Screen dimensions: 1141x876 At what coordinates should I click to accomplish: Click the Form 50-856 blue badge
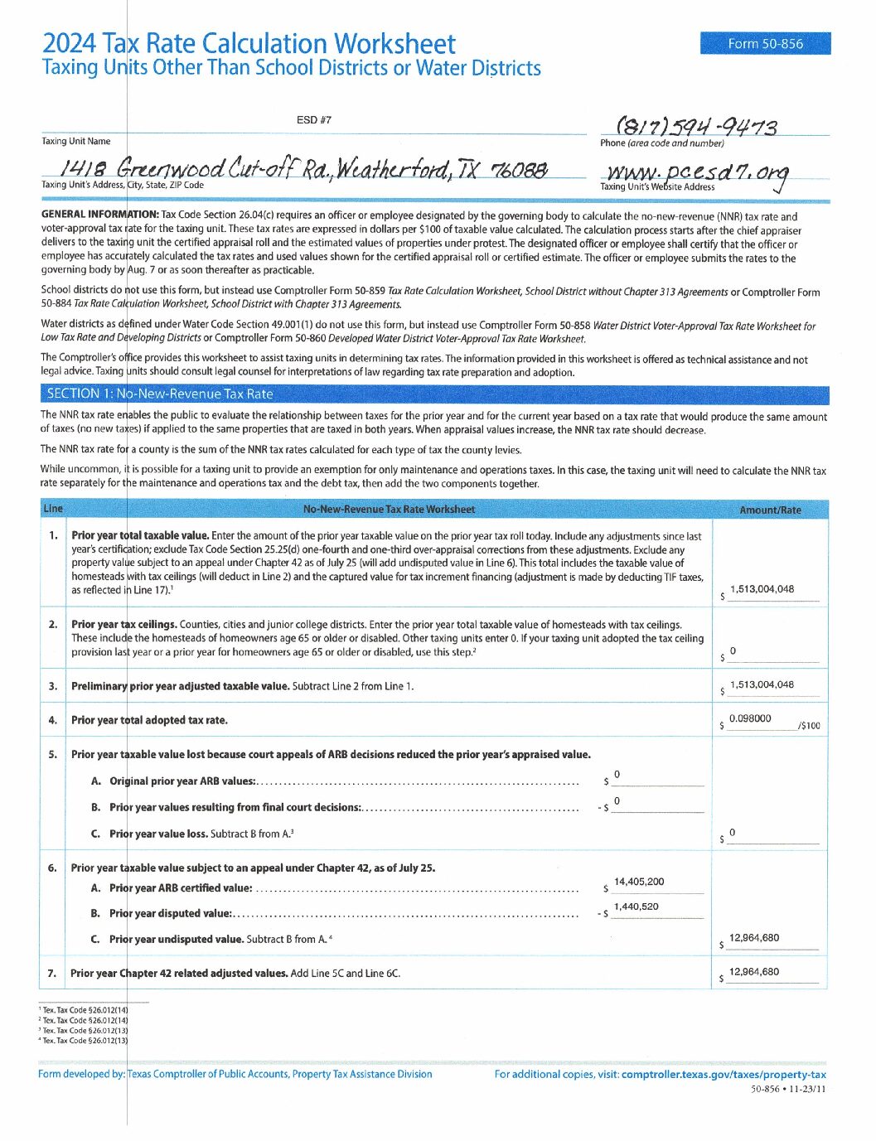765,44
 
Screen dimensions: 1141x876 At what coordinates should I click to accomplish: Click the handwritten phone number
696,127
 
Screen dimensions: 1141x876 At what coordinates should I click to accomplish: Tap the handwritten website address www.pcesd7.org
697,172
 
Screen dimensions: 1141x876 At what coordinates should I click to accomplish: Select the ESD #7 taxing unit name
313,120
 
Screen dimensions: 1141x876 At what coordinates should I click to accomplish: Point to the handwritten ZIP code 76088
520,170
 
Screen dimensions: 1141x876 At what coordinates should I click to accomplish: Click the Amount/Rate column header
770,510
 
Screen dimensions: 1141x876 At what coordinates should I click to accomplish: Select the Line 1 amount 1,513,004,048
762,589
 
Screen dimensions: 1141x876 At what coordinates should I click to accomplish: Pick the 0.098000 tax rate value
750,718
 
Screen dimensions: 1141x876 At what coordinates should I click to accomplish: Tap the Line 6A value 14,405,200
639,882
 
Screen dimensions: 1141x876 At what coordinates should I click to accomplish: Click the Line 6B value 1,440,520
636,907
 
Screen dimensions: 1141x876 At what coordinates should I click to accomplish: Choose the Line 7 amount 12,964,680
754,972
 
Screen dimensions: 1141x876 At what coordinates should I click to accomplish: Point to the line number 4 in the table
53,720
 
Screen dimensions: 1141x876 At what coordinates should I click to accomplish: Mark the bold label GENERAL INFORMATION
99,215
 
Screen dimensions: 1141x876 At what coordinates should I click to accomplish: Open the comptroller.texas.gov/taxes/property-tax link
724,1074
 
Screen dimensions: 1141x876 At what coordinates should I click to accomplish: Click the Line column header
52,509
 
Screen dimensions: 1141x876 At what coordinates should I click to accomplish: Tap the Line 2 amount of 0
733,651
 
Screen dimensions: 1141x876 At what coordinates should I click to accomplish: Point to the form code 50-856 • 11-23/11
788,1089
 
